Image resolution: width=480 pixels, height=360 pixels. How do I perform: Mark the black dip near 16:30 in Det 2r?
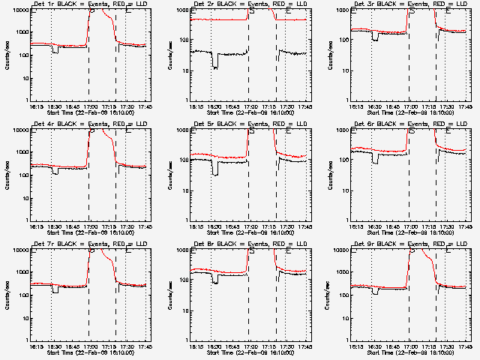click(215, 66)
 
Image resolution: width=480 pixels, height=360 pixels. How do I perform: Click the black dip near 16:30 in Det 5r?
click(215, 173)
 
